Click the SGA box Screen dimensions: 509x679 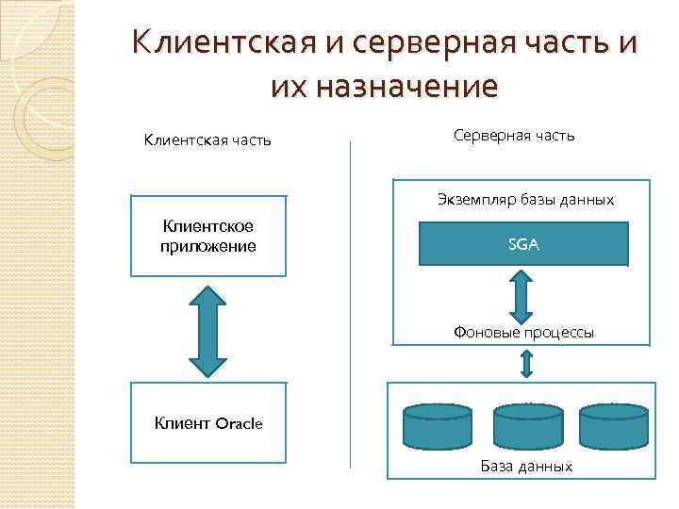pyautogui.click(x=523, y=244)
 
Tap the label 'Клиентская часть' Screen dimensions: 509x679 pyautogui.click(x=207, y=141)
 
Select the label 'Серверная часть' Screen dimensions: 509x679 pyautogui.click(x=513, y=136)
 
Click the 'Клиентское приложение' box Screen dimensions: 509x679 pyautogui.click(x=208, y=236)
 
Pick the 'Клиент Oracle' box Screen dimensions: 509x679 pyautogui.click(x=208, y=422)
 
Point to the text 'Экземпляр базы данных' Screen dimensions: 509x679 pyautogui.click(x=525, y=200)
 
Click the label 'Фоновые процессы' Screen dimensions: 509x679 pyautogui.click(x=523, y=332)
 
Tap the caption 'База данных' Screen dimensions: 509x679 pyautogui.click(x=526, y=466)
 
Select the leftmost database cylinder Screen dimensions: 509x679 pyautogui.click(x=437, y=426)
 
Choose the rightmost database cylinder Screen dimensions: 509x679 pyautogui.click(x=613, y=426)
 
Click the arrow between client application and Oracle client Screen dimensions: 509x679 pyautogui.click(x=208, y=329)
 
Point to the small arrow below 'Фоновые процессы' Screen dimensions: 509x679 pyautogui.click(x=525, y=362)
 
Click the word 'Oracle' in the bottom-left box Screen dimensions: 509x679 pyautogui.click(x=239, y=422)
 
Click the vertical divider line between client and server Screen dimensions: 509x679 pyautogui.click(x=350, y=302)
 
